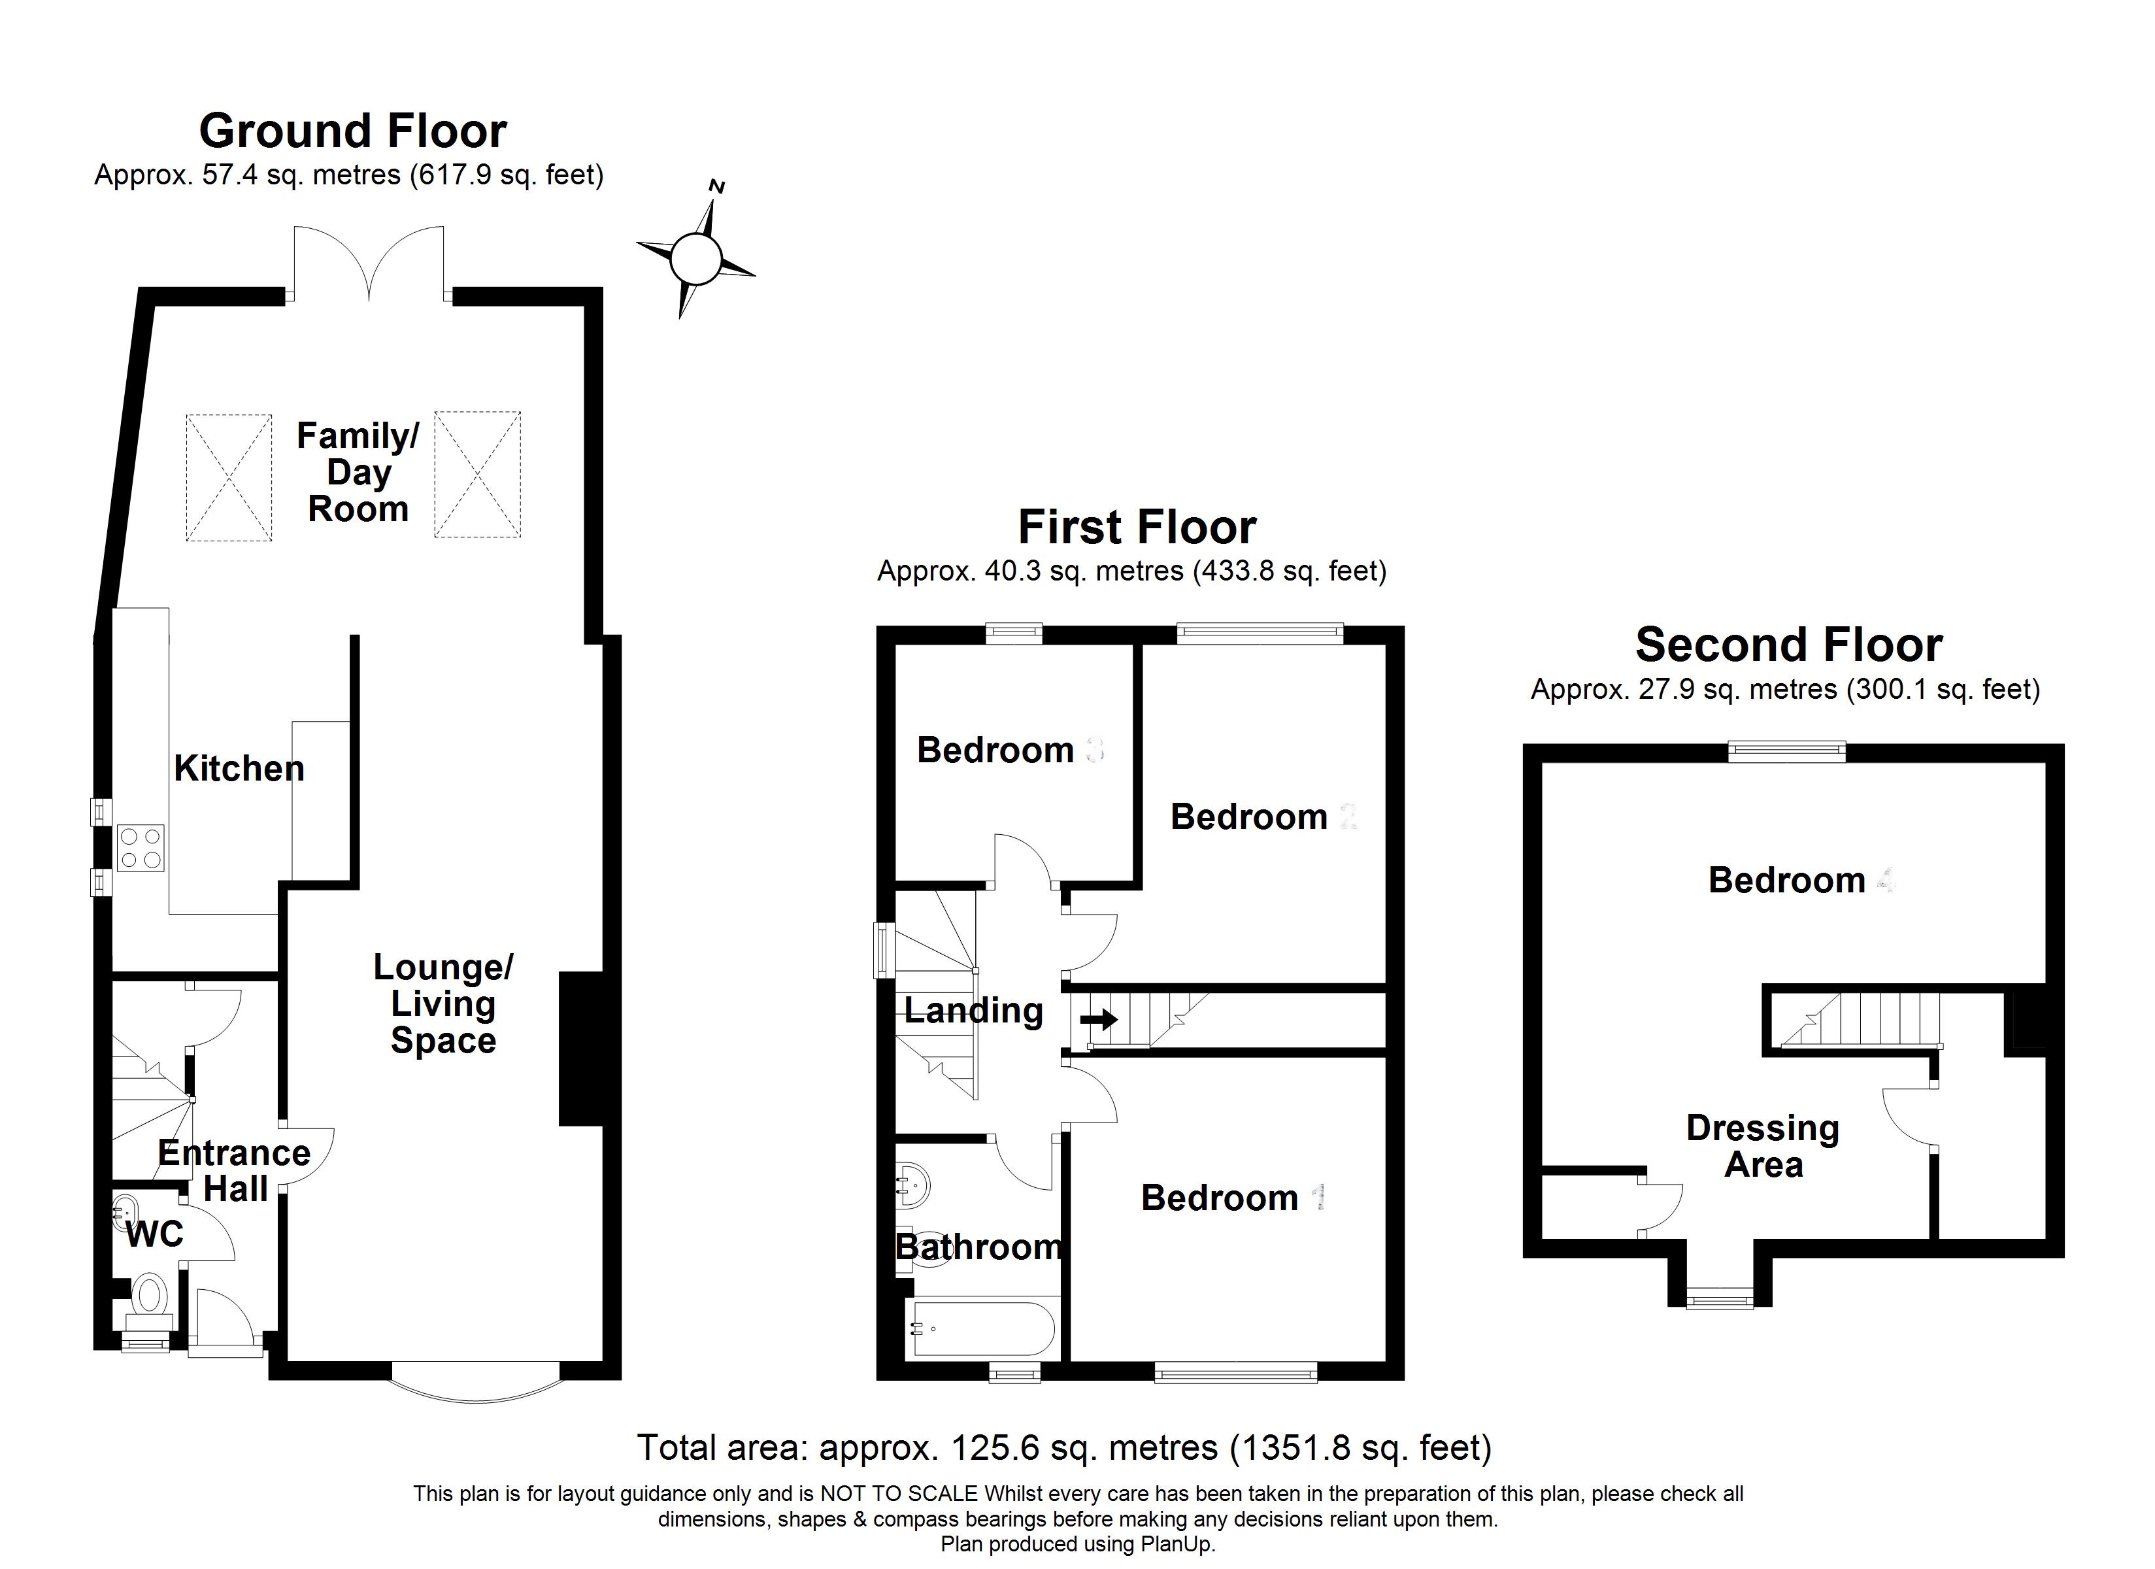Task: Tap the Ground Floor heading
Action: (x=352, y=131)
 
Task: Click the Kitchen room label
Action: (x=239, y=768)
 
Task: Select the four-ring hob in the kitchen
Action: (x=141, y=848)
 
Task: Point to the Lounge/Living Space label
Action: (x=443, y=1004)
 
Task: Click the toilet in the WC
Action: (x=149, y=1294)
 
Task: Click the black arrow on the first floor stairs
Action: (x=1098, y=1021)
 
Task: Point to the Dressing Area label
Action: (x=1763, y=1146)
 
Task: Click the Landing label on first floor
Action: (x=973, y=1010)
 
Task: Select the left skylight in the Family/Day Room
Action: (x=229, y=477)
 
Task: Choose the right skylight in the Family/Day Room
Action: (x=477, y=474)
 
